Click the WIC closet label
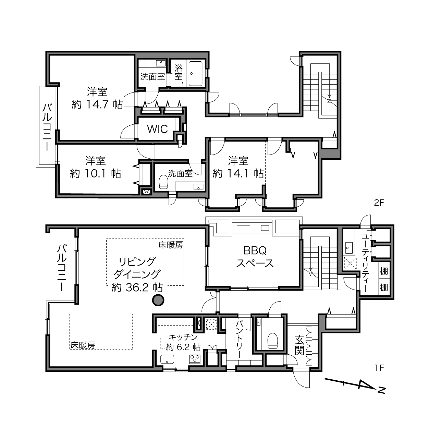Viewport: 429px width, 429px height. [157, 129]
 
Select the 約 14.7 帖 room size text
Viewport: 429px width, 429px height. [97, 105]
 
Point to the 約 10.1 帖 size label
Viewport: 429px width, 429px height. [96, 174]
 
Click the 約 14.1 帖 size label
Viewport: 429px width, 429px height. [238, 174]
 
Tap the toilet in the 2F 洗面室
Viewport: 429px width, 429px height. [164, 182]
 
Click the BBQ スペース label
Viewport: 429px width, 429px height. [255, 257]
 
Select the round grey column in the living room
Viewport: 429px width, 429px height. [158, 300]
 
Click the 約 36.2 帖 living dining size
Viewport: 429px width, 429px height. [137, 288]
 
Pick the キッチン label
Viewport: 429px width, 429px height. [183, 337]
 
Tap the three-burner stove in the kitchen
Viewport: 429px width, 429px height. [195, 359]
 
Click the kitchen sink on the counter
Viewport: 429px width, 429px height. [167, 359]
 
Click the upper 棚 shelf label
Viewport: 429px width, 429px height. [384, 271]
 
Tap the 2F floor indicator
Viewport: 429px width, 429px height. [379, 203]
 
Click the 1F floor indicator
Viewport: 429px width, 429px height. [379, 368]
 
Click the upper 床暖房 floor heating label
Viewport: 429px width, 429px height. [171, 245]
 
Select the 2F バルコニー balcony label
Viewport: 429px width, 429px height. [47, 127]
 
